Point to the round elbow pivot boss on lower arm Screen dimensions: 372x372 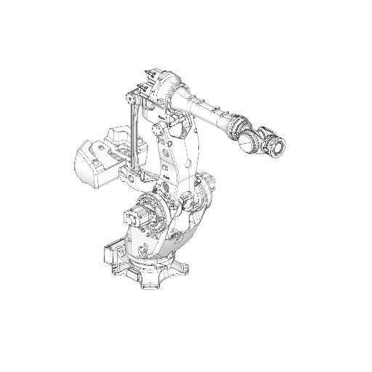coord(158,130)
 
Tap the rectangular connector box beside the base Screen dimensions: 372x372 coord(113,254)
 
